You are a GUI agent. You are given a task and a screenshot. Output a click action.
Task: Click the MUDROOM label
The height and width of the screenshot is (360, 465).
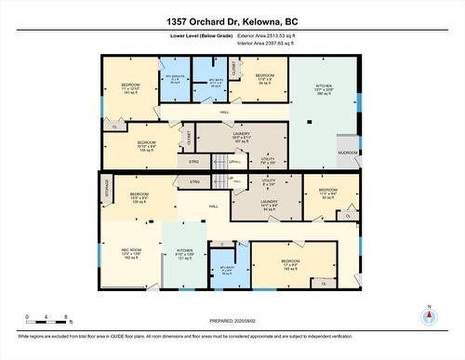click(348, 151)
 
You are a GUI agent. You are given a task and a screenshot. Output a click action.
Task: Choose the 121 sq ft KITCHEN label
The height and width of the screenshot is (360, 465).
click(184, 253)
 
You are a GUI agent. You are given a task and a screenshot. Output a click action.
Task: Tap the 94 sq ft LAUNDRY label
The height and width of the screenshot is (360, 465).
click(270, 206)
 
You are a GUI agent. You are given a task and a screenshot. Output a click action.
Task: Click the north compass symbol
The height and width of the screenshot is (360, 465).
click(429, 315)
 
